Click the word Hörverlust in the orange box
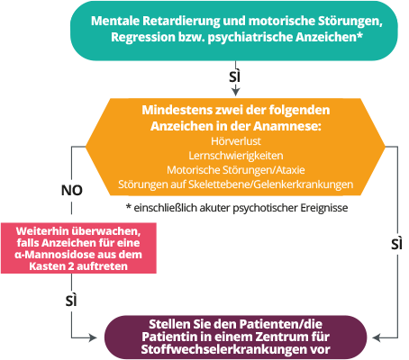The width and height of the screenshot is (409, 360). pos(236,141)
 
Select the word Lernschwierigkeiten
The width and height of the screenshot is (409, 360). pos(236,156)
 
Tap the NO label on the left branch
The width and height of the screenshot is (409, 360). pos(72,190)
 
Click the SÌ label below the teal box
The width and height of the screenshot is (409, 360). pos(235,76)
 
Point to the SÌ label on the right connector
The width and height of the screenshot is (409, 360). pos(396,244)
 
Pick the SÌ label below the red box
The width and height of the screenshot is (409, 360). pos(71,301)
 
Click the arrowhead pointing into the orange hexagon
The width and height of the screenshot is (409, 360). pos(236,91)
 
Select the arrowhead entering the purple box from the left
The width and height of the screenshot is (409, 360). pos(93,337)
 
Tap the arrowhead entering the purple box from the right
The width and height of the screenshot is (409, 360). pos(377,337)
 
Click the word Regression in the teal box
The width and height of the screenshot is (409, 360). pos(143,37)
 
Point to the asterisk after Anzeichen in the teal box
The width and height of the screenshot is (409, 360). pos(359,35)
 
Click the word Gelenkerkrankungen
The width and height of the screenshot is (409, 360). pos(304,184)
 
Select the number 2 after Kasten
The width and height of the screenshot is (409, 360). pos(71,266)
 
